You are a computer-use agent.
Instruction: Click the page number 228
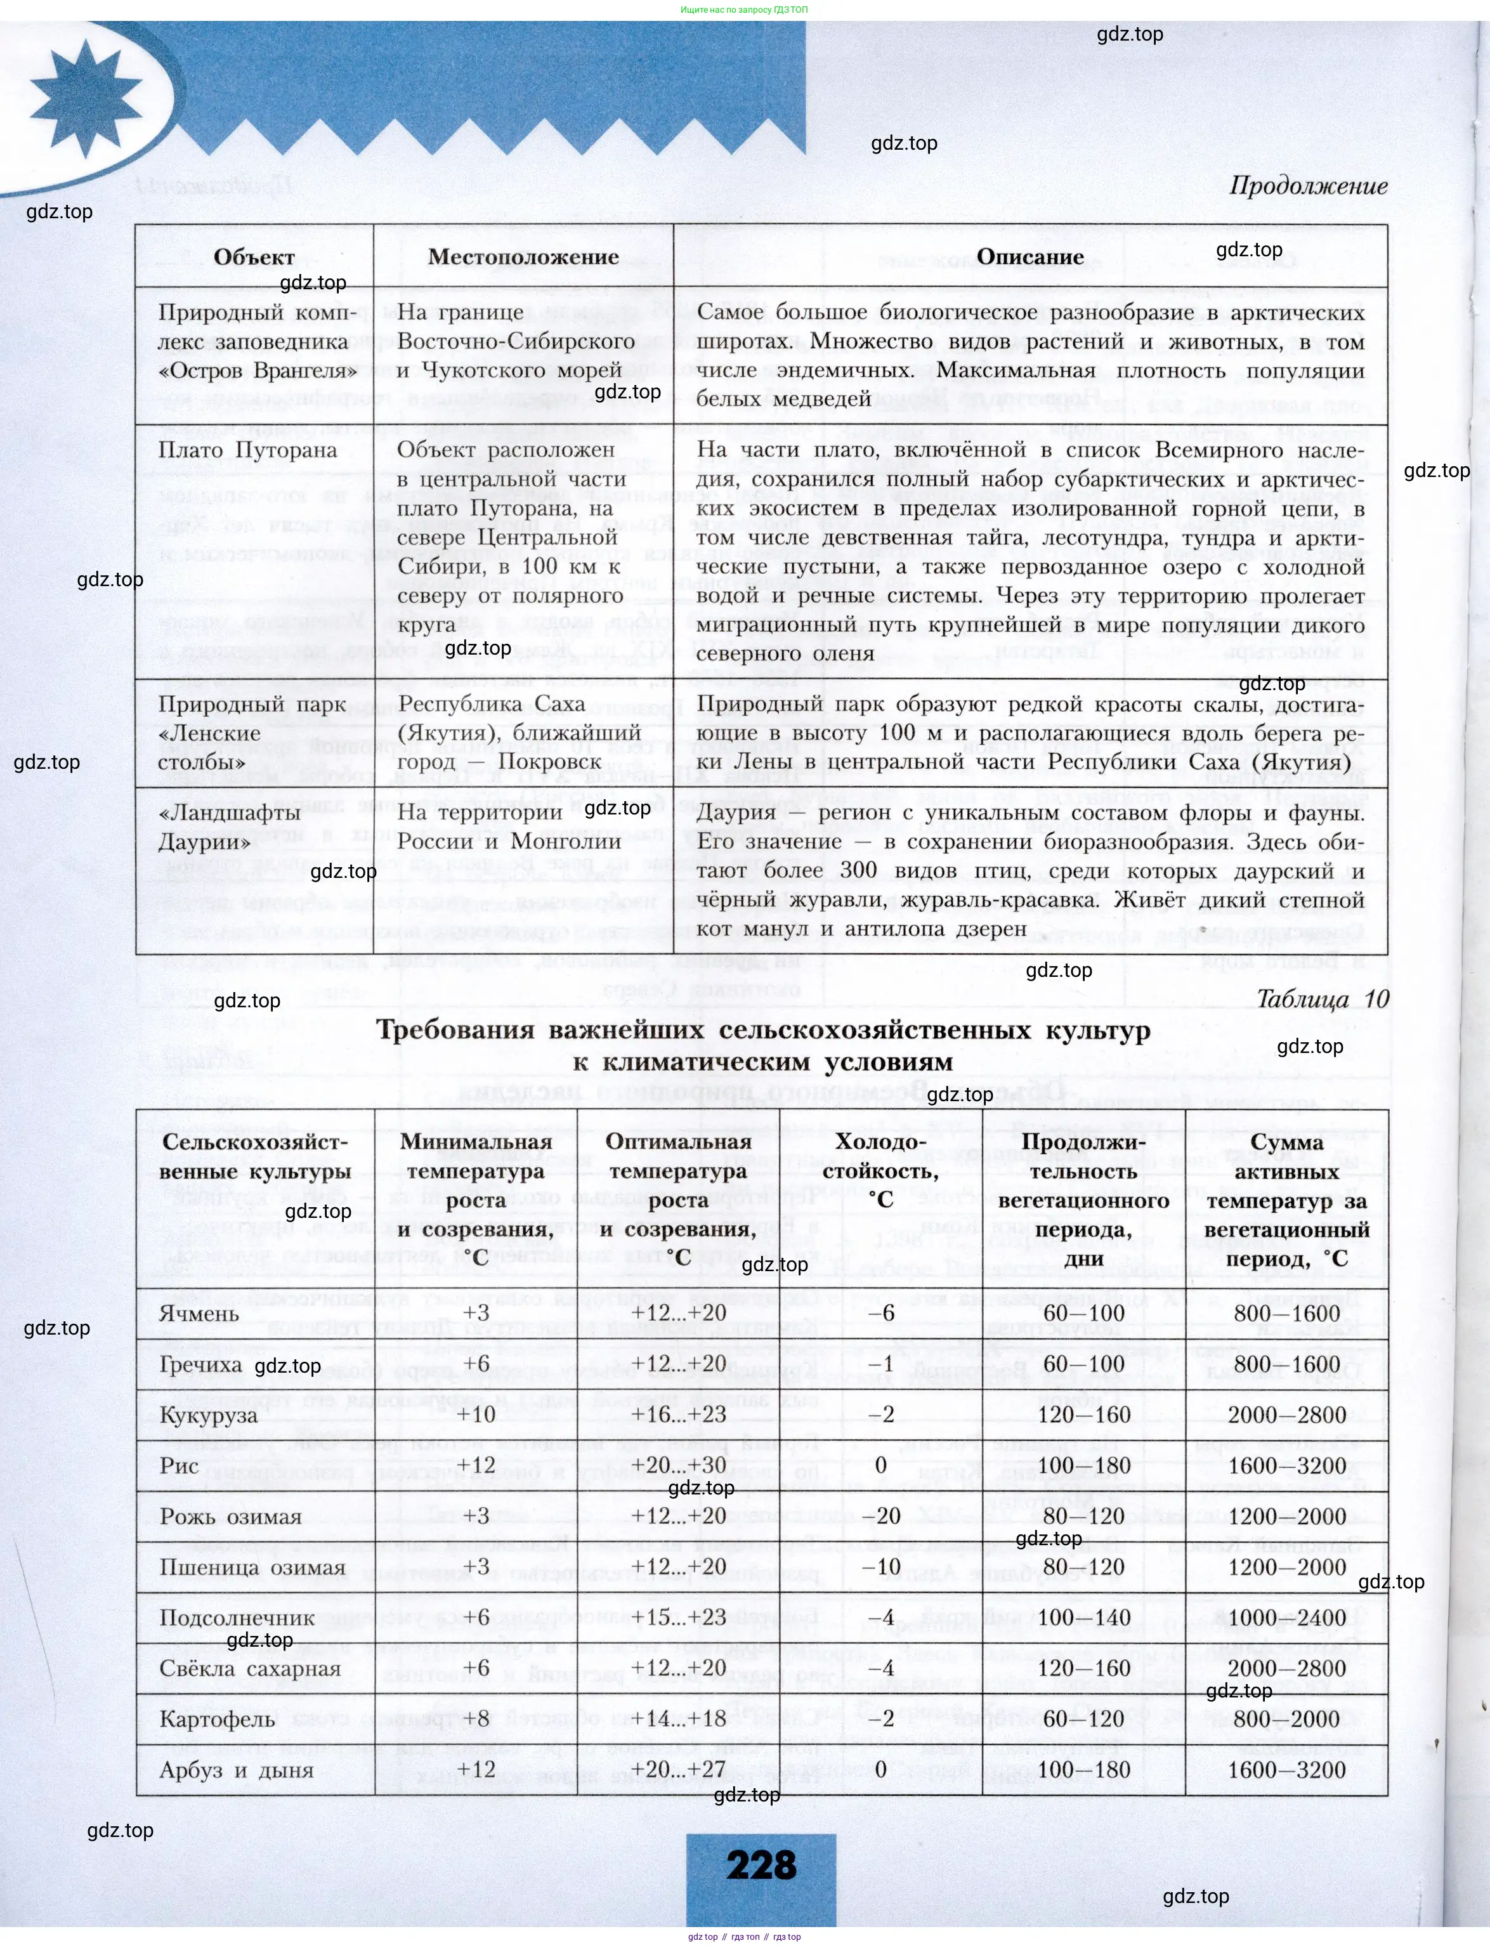click(x=761, y=1866)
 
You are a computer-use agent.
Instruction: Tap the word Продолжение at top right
click(x=1307, y=186)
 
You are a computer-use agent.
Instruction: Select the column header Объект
click(x=254, y=257)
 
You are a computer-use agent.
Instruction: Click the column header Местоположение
click(x=523, y=257)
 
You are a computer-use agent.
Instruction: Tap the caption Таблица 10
click(x=1321, y=998)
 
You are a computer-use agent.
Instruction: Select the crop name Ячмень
click(x=200, y=1313)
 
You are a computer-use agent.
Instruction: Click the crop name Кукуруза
click(x=209, y=1415)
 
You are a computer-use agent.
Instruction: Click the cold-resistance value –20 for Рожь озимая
click(x=880, y=1516)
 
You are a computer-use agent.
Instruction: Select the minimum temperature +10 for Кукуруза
click(x=476, y=1415)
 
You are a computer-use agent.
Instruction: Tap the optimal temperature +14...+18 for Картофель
click(x=679, y=1719)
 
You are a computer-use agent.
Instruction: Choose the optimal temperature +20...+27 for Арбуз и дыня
click(x=679, y=1770)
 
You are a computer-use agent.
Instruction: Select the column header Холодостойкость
click(x=880, y=1170)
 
